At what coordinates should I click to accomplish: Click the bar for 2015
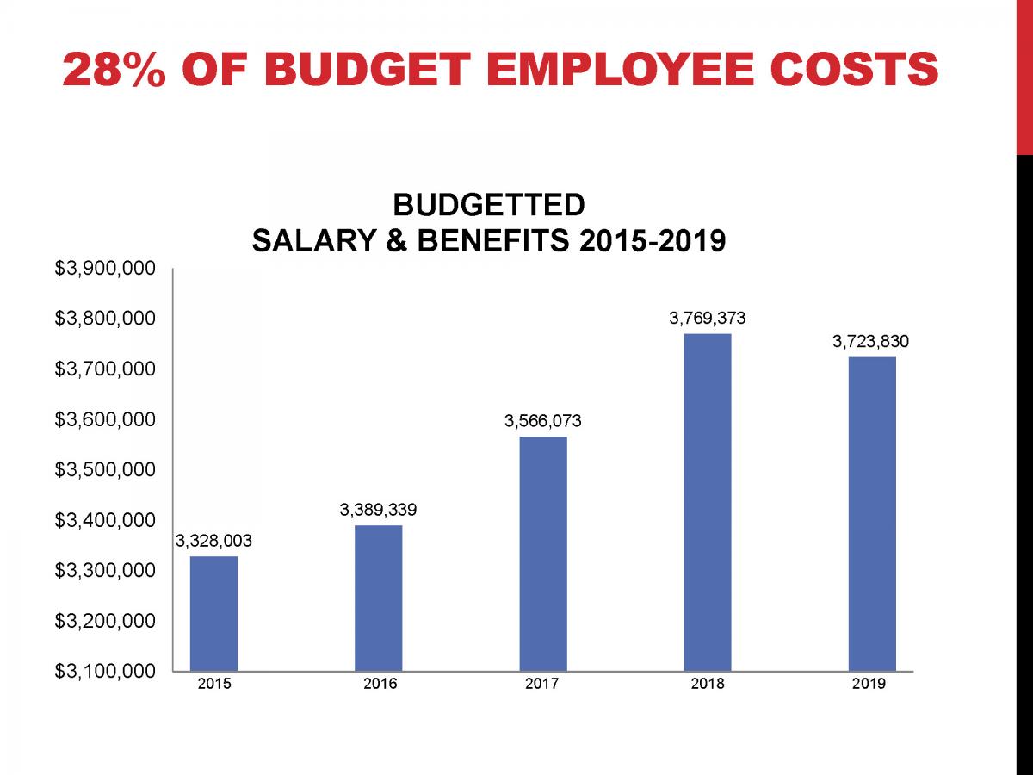(213, 613)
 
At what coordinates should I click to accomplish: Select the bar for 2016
(378, 598)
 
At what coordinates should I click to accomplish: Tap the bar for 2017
(543, 553)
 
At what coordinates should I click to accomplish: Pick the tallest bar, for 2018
(708, 502)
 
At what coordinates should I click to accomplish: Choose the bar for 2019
(872, 513)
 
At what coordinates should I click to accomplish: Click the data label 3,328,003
(213, 541)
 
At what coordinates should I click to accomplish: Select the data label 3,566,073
(542, 421)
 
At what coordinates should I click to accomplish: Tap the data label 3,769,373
(708, 319)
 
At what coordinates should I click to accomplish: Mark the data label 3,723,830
(870, 342)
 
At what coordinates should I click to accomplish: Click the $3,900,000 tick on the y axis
(105, 269)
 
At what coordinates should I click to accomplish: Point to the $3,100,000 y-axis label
(105, 671)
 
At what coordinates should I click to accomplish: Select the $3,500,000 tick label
(105, 470)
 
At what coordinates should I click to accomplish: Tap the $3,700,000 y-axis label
(105, 369)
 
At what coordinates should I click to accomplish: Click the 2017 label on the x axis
(542, 684)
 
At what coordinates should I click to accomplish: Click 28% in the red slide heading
(113, 70)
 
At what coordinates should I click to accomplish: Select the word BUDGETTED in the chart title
(488, 206)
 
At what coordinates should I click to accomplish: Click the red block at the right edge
(1024, 77)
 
